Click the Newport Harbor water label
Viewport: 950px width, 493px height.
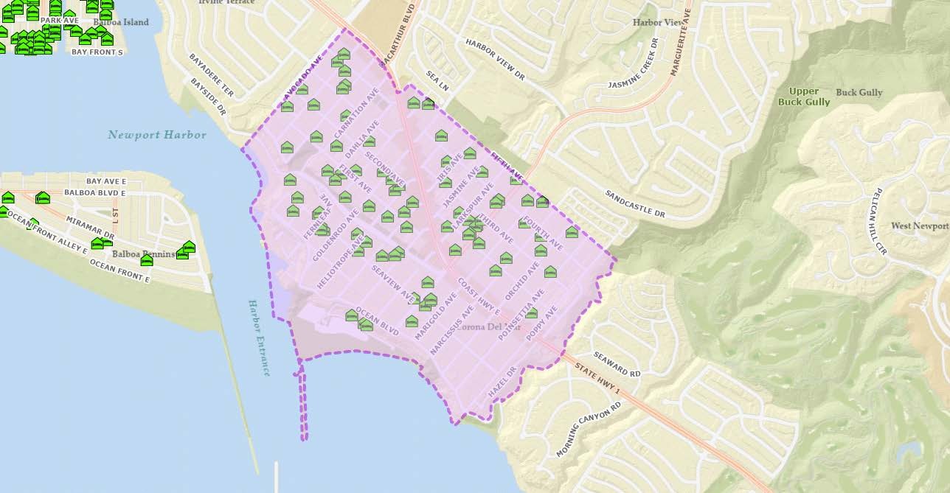coord(156,135)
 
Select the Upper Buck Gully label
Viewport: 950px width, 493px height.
coord(803,97)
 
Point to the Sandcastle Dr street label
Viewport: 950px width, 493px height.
coord(635,204)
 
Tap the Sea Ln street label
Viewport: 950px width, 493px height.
coord(437,80)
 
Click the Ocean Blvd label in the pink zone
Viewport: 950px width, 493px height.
coord(377,321)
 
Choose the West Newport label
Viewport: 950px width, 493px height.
coord(919,226)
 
